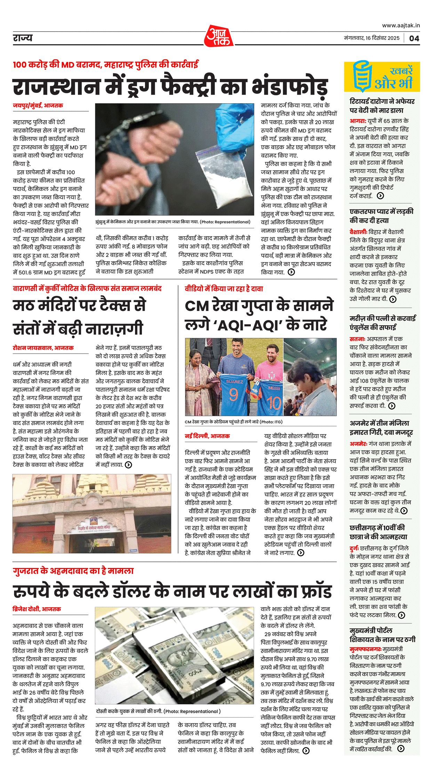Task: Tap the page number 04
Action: [x=414, y=38]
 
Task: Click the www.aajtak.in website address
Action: [x=401, y=25]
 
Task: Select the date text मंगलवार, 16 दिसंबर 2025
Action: [x=371, y=38]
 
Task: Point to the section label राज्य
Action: [x=23, y=38]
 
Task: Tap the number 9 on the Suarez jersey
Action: [x=233, y=394]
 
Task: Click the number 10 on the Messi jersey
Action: [x=273, y=403]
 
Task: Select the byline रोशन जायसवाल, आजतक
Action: [x=43, y=347]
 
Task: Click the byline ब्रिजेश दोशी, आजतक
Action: [x=37, y=609]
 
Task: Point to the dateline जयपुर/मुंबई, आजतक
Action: [x=38, y=105]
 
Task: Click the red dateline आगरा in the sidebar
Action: [x=357, y=121]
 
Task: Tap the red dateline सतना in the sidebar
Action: [x=357, y=339]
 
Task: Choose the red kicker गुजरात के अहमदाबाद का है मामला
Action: [x=73, y=571]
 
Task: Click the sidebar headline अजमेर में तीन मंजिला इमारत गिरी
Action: [x=381, y=427]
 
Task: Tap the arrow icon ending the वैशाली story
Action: [x=393, y=299]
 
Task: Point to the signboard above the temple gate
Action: [x=93, y=527]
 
